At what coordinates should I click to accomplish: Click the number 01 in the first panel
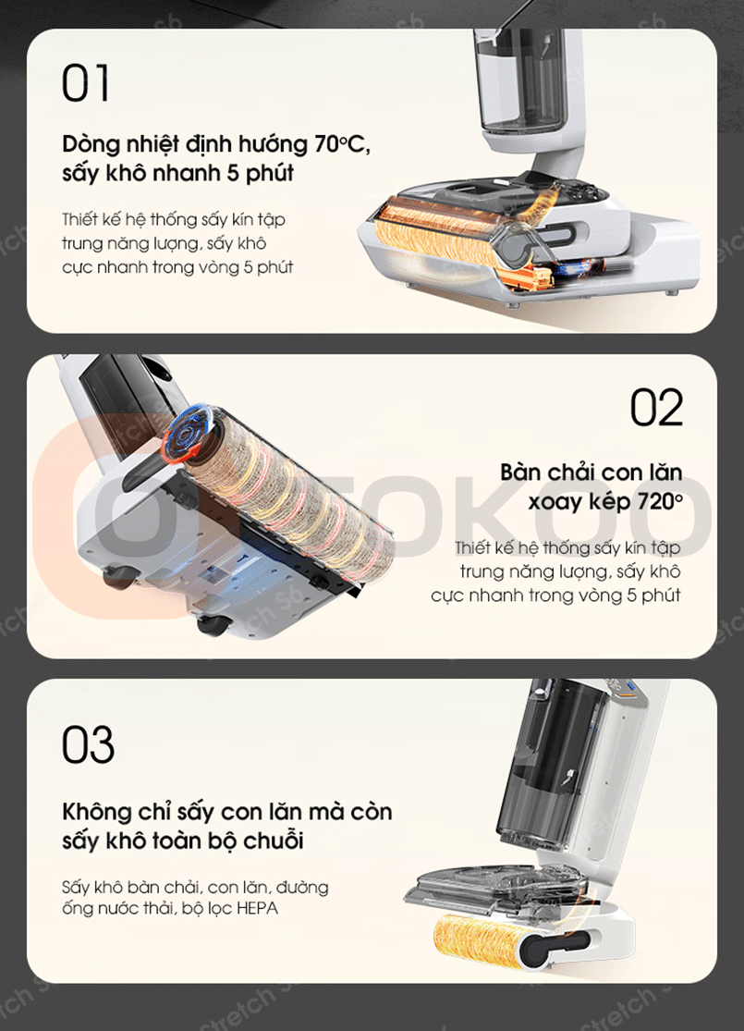85,83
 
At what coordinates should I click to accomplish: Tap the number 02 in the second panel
656,408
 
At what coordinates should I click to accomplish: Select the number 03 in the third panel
88,744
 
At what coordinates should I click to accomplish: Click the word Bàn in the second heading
521,472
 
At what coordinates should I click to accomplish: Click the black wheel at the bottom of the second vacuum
214,625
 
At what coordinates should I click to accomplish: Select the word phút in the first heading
270,174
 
